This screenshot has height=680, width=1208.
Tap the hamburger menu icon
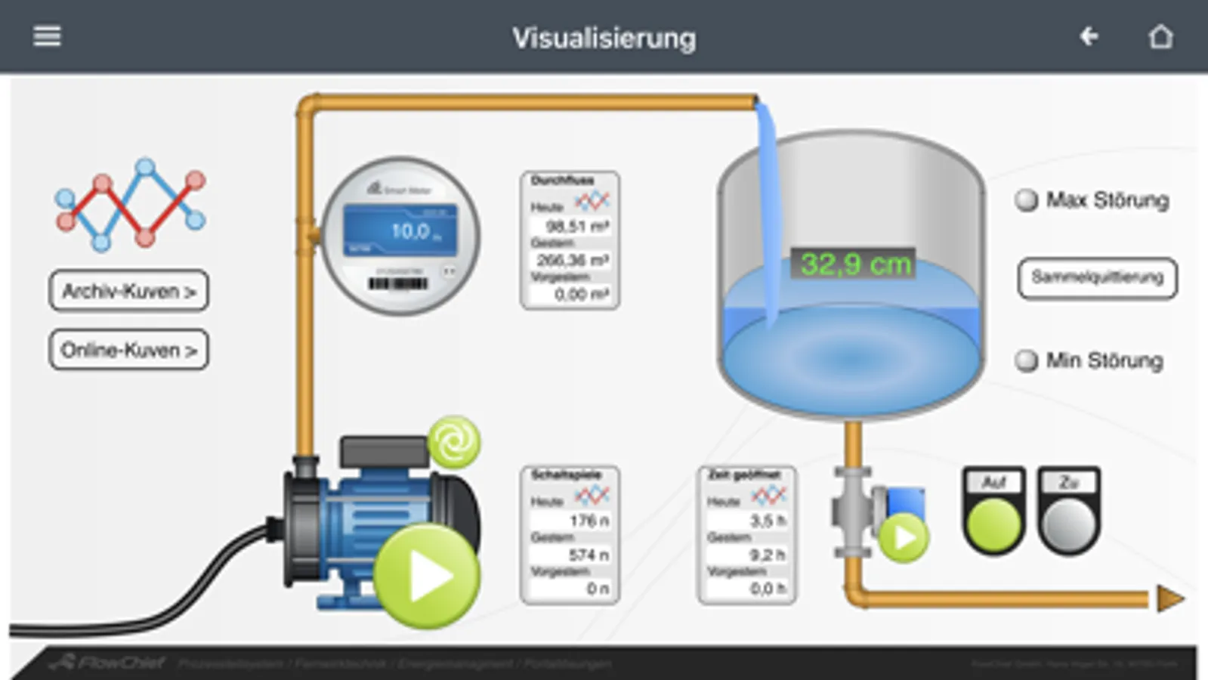tap(47, 36)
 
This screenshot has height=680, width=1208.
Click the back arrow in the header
tap(1089, 36)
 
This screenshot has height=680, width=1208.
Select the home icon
tap(1160, 36)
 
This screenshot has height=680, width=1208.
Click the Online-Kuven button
tap(128, 350)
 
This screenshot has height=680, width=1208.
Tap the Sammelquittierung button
tap(1097, 277)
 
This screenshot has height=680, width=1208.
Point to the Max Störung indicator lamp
tap(1026, 200)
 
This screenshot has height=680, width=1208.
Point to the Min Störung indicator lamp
tap(1026, 360)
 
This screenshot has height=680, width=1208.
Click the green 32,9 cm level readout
tap(854, 264)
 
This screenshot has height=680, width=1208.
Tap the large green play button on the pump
tap(427, 576)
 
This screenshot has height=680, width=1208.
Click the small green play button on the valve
tap(904, 537)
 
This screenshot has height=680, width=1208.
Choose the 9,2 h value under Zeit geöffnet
tap(766, 555)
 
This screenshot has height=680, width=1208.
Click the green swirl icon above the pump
tap(454, 442)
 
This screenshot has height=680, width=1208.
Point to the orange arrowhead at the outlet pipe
tap(1169, 599)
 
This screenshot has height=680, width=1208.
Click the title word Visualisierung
tap(604, 38)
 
